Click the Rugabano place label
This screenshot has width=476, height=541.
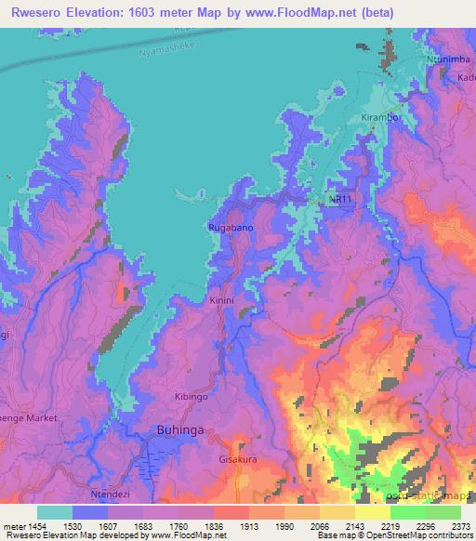click(228, 227)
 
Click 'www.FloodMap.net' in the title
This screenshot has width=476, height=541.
click(306, 13)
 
